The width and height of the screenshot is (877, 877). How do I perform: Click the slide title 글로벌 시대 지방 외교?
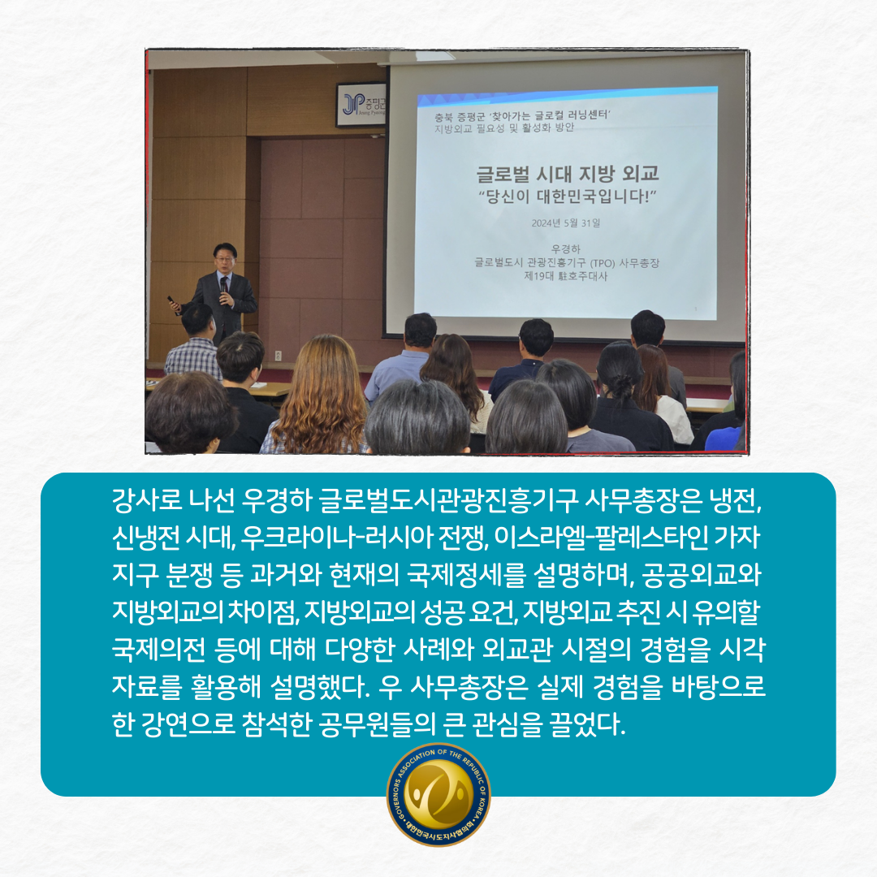[567, 174]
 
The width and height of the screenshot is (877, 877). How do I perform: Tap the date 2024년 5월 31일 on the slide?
[565, 223]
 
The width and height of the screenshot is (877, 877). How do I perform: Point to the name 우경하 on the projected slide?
[565, 249]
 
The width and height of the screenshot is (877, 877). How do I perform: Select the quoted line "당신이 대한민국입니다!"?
[567, 197]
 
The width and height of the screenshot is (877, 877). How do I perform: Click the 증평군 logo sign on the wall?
[361, 104]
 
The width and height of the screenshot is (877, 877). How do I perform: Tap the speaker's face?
[225, 260]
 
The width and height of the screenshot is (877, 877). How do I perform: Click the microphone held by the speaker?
[224, 285]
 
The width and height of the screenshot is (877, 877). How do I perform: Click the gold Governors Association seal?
[438, 793]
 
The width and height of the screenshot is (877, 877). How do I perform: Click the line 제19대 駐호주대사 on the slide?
[565, 276]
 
